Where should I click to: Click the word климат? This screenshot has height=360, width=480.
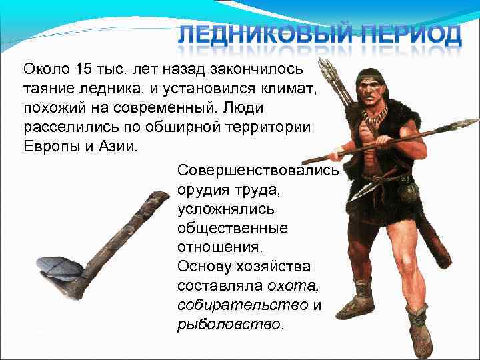pyautogui.click(x=286, y=88)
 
